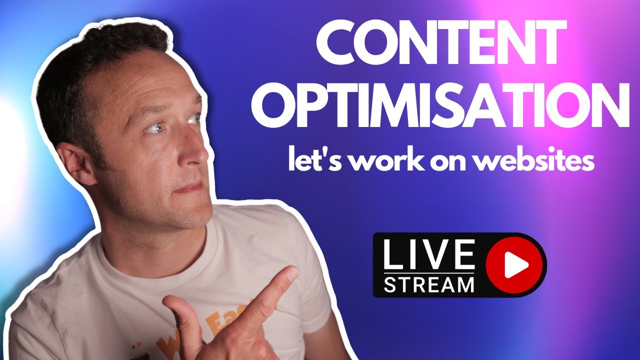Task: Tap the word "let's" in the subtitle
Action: tap(308, 161)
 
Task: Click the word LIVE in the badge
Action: tap(428, 255)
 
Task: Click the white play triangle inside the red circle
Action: tap(515, 264)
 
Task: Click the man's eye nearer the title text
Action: tap(193, 119)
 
